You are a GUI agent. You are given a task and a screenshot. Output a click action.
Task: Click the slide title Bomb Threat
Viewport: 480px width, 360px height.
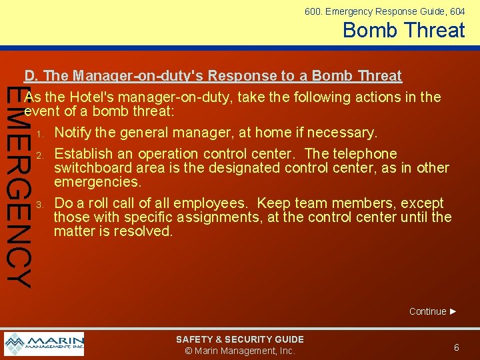(403, 30)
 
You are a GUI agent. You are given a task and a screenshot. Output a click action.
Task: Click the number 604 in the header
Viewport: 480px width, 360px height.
(457, 11)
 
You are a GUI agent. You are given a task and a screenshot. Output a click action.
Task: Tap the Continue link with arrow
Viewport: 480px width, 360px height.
(433, 311)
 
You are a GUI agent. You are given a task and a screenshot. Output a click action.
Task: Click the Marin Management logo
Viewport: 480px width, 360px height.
(44, 344)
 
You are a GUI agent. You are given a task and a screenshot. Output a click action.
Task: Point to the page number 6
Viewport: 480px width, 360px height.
(457, 347)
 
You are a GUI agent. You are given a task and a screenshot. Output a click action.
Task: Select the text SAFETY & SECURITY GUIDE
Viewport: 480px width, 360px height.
(239, 339)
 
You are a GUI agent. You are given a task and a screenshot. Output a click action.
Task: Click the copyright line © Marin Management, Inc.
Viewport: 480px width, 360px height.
(239, 351)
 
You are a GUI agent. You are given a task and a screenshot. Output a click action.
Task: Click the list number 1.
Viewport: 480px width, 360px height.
(40, 133)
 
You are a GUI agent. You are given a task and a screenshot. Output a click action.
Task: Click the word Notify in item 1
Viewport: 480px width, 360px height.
(74, 133)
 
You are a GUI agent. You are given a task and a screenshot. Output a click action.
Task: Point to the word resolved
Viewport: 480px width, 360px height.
(143, 231)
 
